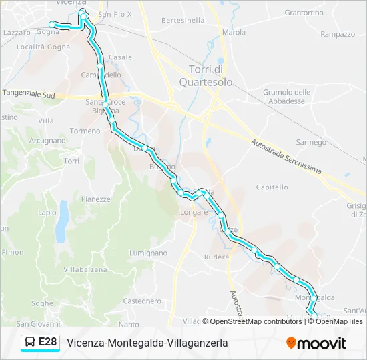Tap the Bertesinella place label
tap(183, 21)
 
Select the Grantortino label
tap(304, 13)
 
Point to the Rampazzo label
tap(337, 34)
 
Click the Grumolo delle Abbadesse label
tap(287, 97)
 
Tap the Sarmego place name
tap(311, 143)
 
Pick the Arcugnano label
tap(47, 141)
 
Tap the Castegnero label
tap(142, 301)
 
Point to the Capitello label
tap(271, 188)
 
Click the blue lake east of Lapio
tap(62, 221)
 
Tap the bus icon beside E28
tap(30, 343)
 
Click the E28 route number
tap(48, 343)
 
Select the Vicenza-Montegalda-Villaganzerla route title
tap(147, 343)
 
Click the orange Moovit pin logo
tap(291, 343)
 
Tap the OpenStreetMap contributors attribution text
tap(254, 321)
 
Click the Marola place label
tap(234, 32)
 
